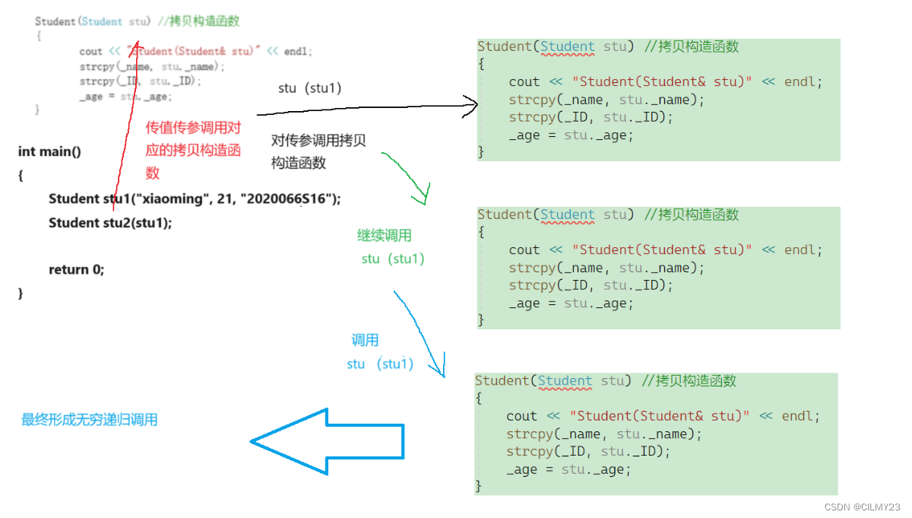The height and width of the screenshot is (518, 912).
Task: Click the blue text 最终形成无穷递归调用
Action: tap(89, 420)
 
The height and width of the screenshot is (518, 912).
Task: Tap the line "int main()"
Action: tap(49, 151)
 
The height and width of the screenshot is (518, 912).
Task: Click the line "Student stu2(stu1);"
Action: tap(110, 223)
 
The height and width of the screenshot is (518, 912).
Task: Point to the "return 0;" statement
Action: tap(77, 269)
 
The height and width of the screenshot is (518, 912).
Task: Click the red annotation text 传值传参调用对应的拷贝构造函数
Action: tap(193, 151)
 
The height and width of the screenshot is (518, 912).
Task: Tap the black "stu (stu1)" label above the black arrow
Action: tap(309, 88)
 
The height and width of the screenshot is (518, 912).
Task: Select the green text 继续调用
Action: tap(385, 236)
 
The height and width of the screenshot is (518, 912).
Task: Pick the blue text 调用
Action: tap(365, 340)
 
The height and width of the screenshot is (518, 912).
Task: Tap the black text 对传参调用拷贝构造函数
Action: tap(318, 151)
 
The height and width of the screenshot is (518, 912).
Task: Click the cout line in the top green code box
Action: tap(665, 82)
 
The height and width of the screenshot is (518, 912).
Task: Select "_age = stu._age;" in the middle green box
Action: tap(571, 303)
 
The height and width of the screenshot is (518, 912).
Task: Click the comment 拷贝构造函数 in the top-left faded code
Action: tap(204, 21)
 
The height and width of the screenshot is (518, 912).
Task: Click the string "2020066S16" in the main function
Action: tap(289, 199)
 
